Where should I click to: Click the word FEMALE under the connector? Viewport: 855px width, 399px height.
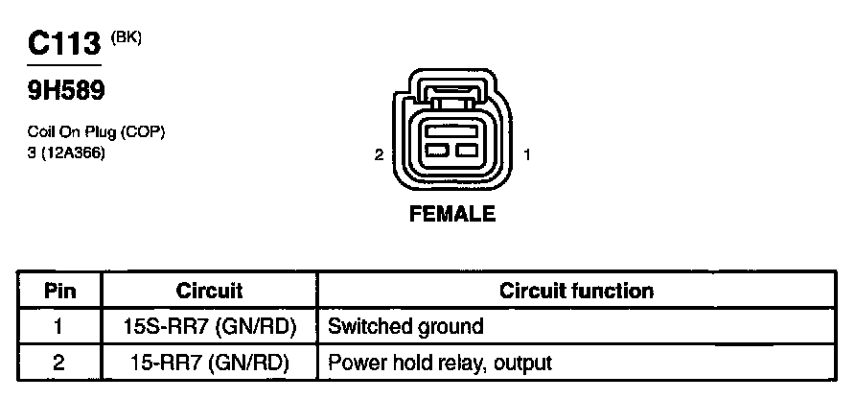[x=452, y=215]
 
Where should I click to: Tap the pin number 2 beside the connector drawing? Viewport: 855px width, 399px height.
[x=380, y=154]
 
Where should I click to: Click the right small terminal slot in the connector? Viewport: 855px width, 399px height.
[x=468, y=152]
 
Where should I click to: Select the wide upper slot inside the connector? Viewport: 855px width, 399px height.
[x=452, y=130]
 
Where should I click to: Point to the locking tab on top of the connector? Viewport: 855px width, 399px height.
[x=452, y=96]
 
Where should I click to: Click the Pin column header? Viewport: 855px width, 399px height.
[x=58, y=291]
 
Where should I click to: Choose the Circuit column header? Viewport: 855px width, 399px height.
[x=209, y=291]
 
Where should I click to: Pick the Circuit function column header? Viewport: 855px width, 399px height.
[x=577, y=291]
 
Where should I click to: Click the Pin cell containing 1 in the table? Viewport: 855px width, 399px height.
[x=58, y=327]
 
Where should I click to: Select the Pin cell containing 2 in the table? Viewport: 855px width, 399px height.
[x=58, y=364]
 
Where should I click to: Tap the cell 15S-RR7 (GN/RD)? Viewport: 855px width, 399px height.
[x=209, y=327]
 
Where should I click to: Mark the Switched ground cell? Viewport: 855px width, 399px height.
[x=405, y=327]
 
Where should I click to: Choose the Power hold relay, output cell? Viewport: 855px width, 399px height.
[x=440, y=364]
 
